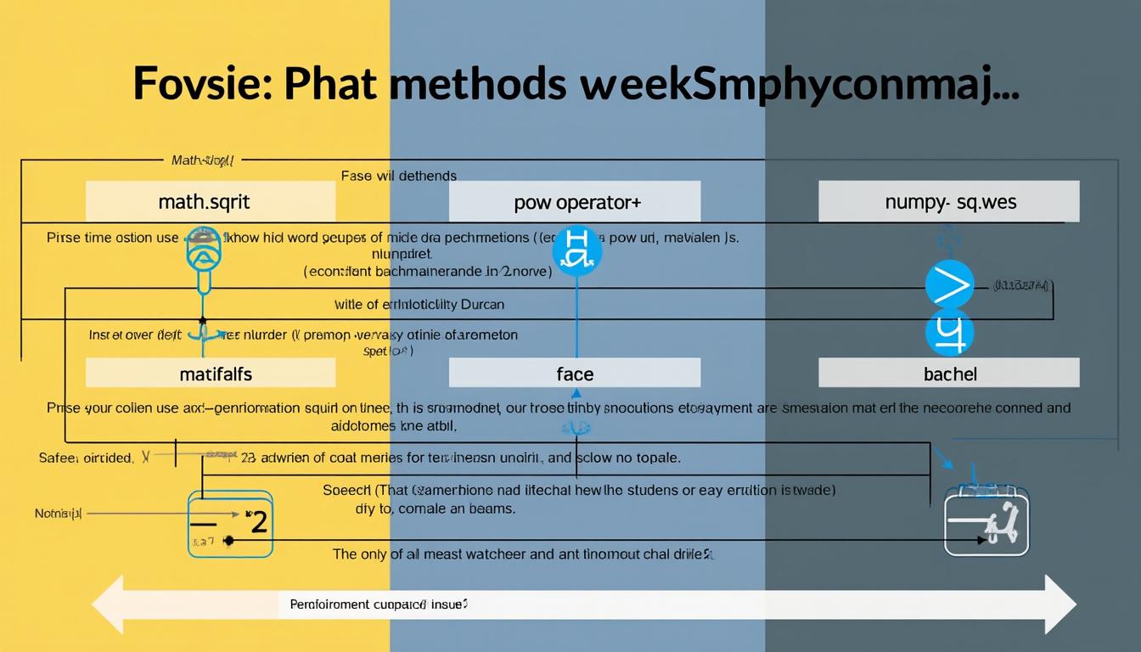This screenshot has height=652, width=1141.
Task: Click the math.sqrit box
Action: tap(211, 202)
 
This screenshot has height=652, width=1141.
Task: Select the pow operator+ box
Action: tap(575, 202)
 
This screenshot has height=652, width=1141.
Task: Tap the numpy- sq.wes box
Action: tap(948, 202)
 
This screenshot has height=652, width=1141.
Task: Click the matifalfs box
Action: tap(211, 373)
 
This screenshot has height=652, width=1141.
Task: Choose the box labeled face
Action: tap(575, 373)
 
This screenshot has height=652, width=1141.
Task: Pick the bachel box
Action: tap(948, 373)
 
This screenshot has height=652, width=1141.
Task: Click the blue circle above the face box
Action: tap(576, 249)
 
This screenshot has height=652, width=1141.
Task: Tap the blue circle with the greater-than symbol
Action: tap(949, 284)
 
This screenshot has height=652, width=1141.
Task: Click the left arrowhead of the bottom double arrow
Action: tap(108, 604)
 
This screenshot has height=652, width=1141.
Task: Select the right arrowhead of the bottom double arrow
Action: tap(1060, 604)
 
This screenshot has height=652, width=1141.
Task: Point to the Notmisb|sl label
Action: tap(59, 514)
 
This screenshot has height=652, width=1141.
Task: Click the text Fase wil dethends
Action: tap(398, 176)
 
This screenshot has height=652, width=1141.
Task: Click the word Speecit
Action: tap(348, 490)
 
